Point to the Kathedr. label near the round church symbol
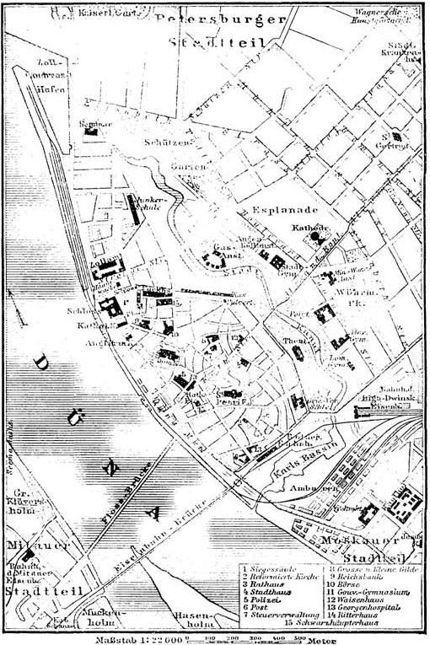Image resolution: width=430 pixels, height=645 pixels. [308, 227]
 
